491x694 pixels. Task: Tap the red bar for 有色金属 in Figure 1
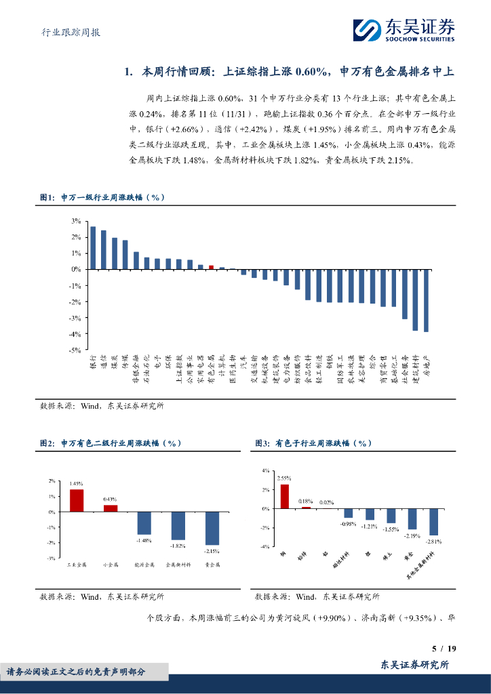click(x=211, y=267)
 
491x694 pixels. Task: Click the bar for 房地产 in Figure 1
click(x=426, y=300)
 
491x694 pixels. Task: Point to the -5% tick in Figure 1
click(x=75, y=350)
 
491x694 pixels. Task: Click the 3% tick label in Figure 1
click(x=76, y=221)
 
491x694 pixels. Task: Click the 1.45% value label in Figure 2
click(x=76, y=484)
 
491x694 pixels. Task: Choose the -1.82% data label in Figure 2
click(x=178, y=546)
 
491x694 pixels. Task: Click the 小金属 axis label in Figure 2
click(x=110, y=564)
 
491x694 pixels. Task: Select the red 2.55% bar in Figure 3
click(x=284, y=496)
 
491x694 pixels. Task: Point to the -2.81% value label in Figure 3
click(x=433, y=542)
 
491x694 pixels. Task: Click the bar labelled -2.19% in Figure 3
click(x=412, y=518)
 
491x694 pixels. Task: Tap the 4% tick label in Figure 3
click(x=265, y=470)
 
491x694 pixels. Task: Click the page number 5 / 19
click(x=444, y=649)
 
